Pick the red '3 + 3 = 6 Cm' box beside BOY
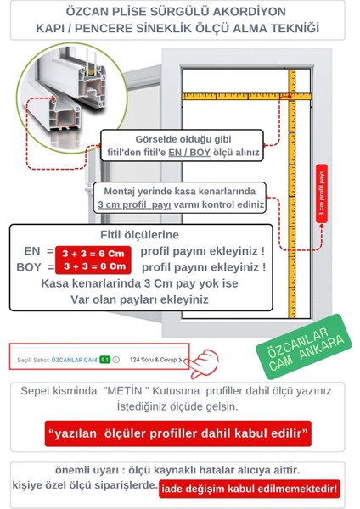pyautogui.click(x=99, y=266)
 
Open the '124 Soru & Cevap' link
pyautogui.click(x=156, y=360)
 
